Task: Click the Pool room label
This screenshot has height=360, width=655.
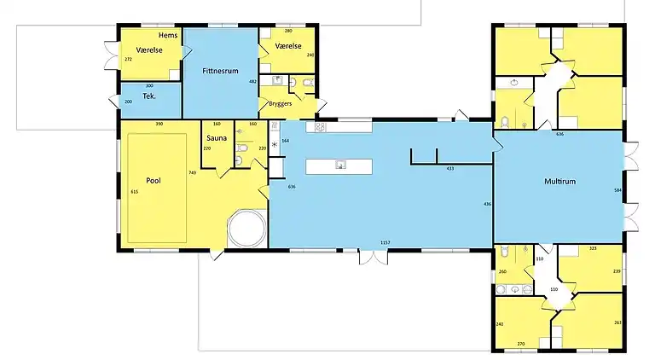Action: click(154, 181)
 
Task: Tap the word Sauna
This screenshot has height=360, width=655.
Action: click(214, 136)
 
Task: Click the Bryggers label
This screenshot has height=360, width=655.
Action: click(281, 103)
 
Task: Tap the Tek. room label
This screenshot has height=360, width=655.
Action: click(148, 97)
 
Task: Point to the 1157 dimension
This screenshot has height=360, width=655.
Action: click(385, 244)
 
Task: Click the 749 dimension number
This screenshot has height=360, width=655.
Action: click(193, 173)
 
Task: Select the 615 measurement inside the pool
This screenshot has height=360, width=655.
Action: click(134, 192)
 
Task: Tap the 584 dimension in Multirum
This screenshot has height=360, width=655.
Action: click(617, 190)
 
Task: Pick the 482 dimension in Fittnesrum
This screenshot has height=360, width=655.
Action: click(252, 81)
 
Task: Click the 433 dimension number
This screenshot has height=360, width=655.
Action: click(449, 169)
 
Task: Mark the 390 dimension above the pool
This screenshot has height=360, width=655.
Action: click(159, 125)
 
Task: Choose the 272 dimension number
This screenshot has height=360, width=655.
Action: click(128, 60)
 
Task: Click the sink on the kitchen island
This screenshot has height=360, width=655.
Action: click(339, 165)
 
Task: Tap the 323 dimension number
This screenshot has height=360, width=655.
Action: click(592, 248)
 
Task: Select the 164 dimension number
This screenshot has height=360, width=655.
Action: click(285, 140)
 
